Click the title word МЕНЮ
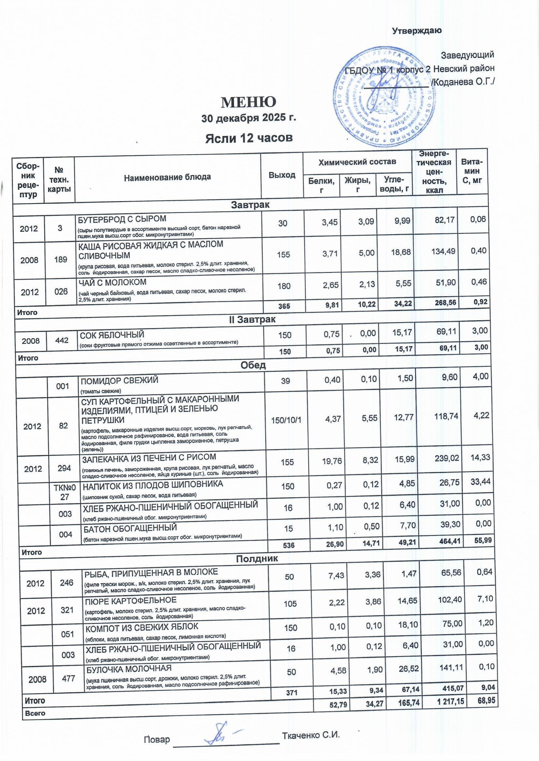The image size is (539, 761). (249, 102)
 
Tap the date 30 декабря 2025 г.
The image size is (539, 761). (249, 118)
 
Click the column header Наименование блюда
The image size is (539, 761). (167, 177)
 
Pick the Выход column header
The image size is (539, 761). (282, 175)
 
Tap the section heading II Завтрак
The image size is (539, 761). (252, 319)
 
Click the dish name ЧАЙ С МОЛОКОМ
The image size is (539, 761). (112, 282)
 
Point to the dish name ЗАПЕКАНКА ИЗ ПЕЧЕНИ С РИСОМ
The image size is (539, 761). (149, 457)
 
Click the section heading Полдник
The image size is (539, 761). (257, 559)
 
